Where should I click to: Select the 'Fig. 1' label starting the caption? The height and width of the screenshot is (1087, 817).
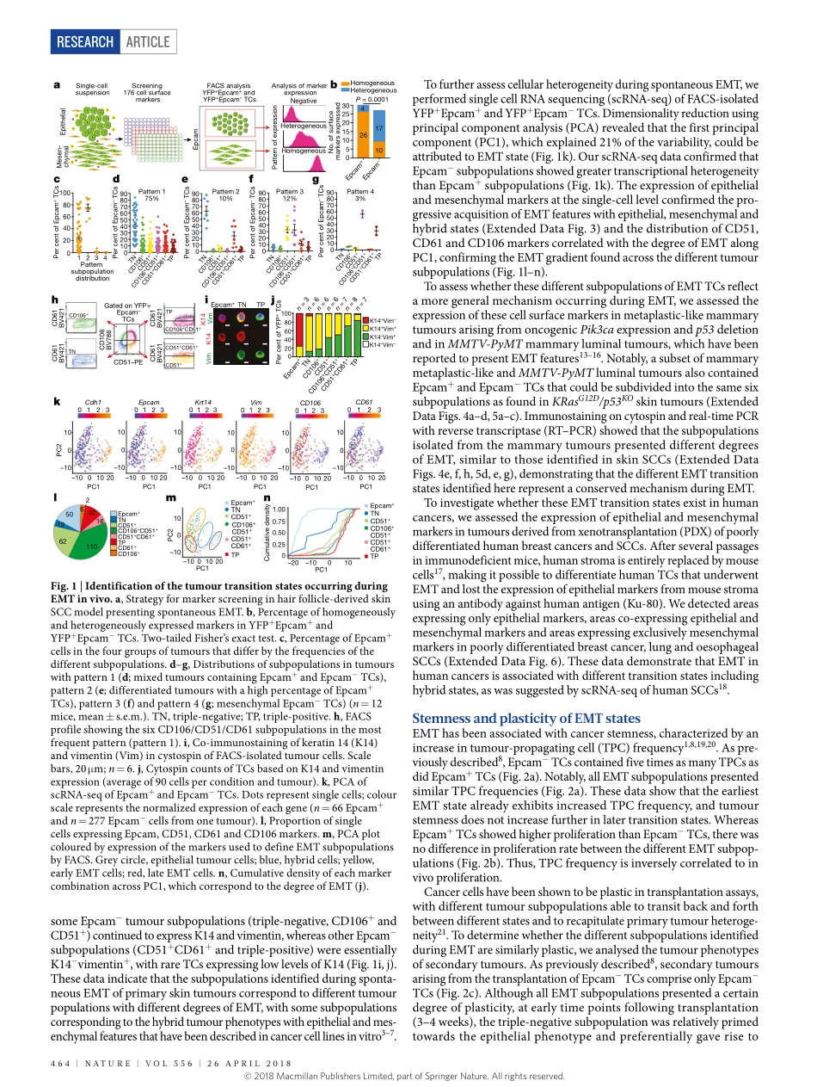click(x=66, y=586)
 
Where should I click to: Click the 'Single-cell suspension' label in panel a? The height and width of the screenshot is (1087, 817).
click(x=91, y=89)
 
